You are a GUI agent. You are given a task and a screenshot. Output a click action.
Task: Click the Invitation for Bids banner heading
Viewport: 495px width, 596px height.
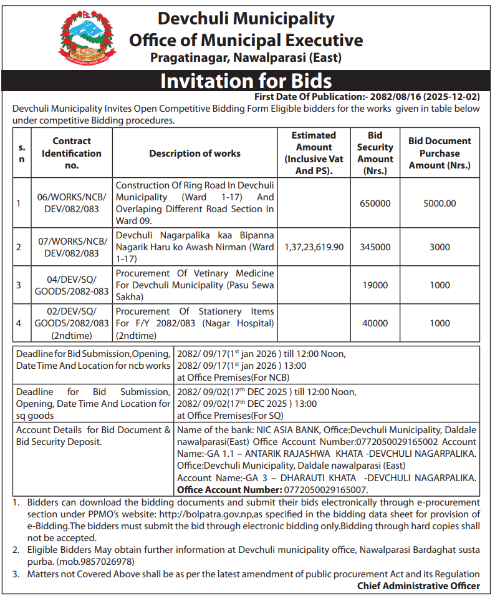click(x=246, y=81)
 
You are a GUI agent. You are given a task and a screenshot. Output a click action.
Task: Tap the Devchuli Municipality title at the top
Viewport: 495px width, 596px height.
click(x=246, y=19)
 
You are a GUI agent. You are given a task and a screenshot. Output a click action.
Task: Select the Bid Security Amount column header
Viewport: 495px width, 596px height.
click(x=375, y=153)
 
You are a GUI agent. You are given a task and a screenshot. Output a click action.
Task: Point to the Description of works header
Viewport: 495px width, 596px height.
click(x=195, y=154)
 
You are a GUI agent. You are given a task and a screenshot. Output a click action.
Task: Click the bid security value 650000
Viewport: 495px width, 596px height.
click(x=375, y=203)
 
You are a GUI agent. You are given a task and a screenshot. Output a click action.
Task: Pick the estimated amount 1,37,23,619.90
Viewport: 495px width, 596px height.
click(x=314, y=247)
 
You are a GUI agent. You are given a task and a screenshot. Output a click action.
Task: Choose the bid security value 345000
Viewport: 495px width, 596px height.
click(x=375, y=247)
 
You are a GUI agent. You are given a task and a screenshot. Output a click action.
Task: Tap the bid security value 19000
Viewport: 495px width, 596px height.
click(x=375, y=285)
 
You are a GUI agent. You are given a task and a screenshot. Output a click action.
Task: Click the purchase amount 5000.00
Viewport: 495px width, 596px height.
click(x=440, y=203)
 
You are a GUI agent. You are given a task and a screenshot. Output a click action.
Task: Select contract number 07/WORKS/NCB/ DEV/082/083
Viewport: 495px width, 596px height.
click(x=72, y=247)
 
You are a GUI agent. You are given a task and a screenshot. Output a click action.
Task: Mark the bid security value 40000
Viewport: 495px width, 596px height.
click(x=375, y=323)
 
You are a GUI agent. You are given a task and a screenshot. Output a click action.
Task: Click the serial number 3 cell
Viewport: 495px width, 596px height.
click(x=19, y=285)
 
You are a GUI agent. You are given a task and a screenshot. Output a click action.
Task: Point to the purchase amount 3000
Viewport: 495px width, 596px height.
click(x=440, y=247)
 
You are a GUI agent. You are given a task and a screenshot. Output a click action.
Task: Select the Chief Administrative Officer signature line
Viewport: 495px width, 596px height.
click(x=418, y=585)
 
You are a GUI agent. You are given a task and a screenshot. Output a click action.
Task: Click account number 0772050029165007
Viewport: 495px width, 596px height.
click(x=325, y=490)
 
